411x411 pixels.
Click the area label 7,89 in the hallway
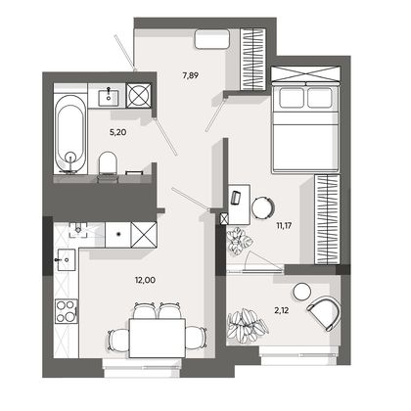coord(191,76)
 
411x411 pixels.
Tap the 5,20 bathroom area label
coord(117,132)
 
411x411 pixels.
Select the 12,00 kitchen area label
coord(145,280)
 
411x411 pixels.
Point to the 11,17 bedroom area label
coord(284,225)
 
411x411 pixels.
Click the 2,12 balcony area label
coord(282,311)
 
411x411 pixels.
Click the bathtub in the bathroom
coord(70,134)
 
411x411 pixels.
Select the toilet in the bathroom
coord(108,163)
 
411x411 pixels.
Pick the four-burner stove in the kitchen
coord(67,311)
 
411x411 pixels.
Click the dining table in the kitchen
coord(158,339)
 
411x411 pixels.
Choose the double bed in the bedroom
coord(305,126)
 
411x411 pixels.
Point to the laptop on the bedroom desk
coord(236,197)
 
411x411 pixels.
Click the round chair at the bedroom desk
coord(263,207)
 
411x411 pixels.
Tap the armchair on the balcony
coord(325,314)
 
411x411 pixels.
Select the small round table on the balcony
coord(301,292)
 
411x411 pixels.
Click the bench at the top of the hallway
coord(212,39)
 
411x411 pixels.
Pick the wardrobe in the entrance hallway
coord(251,60)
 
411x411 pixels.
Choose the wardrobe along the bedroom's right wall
coord(327,219)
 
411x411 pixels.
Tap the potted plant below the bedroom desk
coord(240,242)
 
